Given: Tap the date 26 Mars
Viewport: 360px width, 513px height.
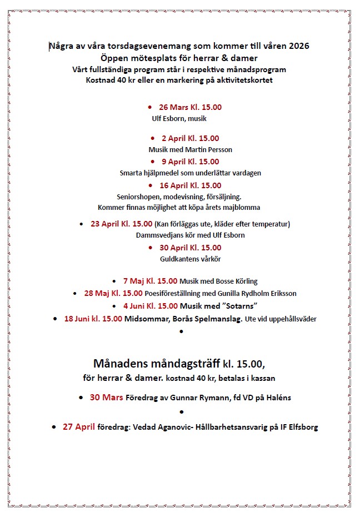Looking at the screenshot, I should click(x=174, y=107).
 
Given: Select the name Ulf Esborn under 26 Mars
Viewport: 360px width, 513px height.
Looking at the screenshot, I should click(x=168, y=118).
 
